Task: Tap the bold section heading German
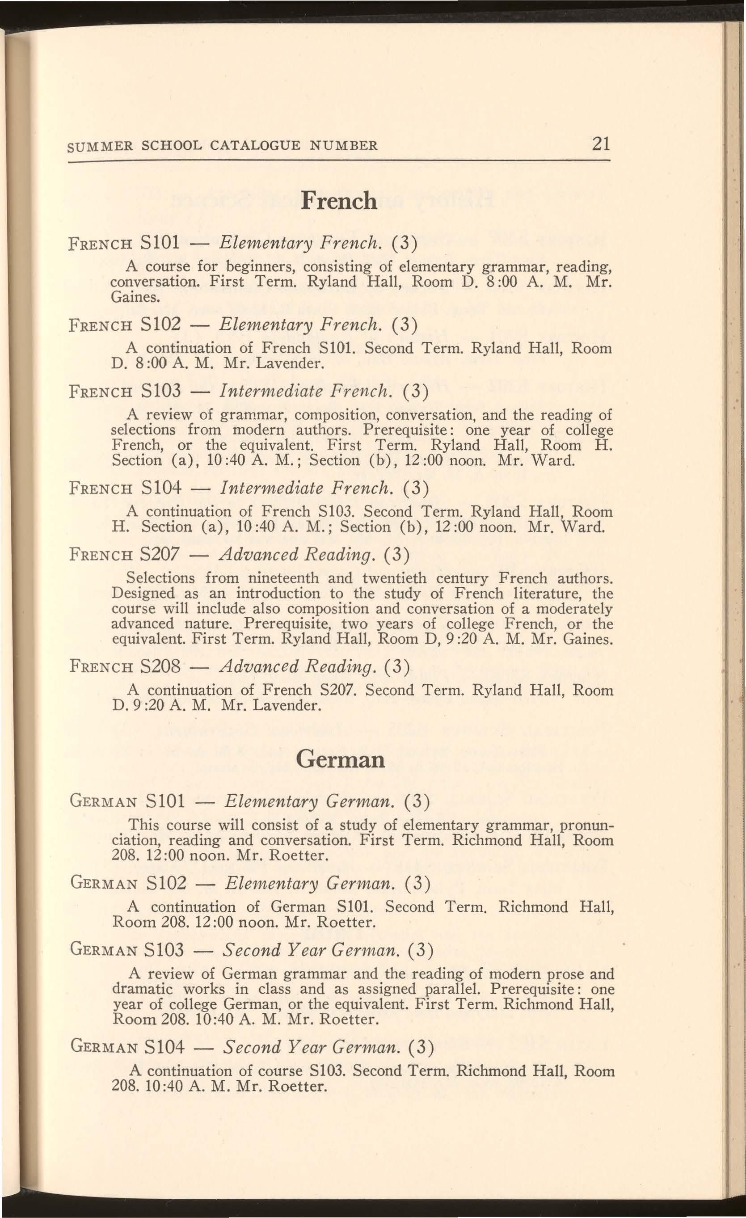coord(341,759)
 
